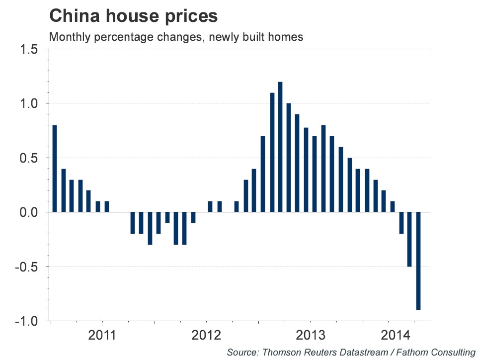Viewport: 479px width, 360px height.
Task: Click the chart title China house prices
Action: click(133, 16)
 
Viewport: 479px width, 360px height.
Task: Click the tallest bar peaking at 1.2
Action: click(280, 147)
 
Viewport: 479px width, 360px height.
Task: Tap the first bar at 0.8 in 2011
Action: click(55, 169)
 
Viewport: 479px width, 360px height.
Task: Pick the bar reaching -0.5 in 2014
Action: click(410, 239)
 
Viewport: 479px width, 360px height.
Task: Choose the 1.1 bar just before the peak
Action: click(272, 153)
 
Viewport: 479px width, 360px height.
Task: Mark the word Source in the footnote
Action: click(242, 353)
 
